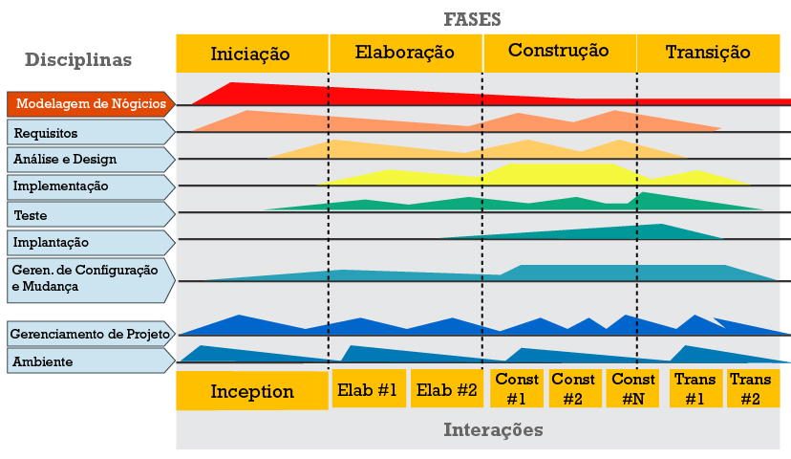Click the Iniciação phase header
251,53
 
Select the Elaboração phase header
405,53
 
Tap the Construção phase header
559,52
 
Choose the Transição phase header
708,53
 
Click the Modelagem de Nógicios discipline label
91,104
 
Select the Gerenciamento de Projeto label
91,334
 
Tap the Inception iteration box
252,391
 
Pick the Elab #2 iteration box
446,389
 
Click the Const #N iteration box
632,389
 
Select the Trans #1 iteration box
695,389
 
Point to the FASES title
472,18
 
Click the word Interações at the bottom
493,430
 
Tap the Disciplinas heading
78,59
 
